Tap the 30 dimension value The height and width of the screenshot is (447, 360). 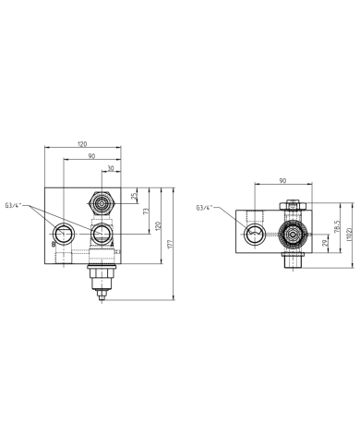tap(111, 169)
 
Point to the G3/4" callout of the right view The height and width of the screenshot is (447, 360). tap(208, 209)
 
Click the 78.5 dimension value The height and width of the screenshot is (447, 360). tap(338, 225)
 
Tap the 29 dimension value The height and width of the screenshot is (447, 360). tap(324, 243)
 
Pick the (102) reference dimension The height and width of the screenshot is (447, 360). tap(350, 235)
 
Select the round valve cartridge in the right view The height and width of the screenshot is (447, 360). tap(294, 236)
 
